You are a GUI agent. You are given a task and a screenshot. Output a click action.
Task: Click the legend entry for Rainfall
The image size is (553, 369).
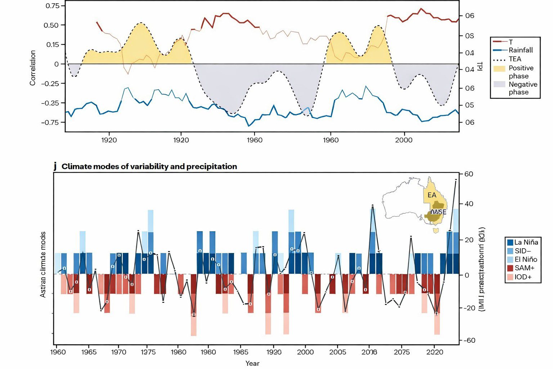[x=520, y=50]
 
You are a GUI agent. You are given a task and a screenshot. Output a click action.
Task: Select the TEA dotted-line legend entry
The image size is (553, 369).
[x=514, y=59]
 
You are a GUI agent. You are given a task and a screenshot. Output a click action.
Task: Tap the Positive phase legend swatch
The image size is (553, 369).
[x=499, y=68]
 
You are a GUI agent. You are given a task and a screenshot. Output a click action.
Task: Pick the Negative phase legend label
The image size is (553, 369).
[x=523, y=88]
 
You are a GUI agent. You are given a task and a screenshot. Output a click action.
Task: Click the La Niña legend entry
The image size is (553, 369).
[x=526, y=243]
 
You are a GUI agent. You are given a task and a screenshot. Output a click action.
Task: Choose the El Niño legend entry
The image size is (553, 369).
[x=526, y=259]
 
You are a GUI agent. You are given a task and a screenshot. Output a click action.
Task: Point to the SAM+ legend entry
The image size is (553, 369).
[x=524, y=268]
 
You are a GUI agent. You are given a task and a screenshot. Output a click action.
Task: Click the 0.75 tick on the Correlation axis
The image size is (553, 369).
[x=53, y=6]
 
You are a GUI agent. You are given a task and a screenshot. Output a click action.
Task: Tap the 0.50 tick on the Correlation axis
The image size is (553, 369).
[x=51, y=25]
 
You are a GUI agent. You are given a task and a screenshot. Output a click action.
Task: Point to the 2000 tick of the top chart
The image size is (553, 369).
[x=404, y=140]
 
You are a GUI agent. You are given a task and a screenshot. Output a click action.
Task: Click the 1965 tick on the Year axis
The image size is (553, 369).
[x=89, y=352]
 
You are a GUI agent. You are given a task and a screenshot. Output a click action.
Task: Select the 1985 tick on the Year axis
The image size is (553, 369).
[x=240, y=352]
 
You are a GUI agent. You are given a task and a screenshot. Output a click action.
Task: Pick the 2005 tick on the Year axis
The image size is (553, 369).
[x=337, y=352]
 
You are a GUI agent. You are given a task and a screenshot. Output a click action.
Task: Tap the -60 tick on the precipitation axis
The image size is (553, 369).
[x=469, y=340]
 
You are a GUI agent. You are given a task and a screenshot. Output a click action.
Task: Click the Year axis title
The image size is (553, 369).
[x=252, y=363]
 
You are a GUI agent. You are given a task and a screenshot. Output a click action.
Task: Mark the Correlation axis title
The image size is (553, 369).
[x=33, y=68]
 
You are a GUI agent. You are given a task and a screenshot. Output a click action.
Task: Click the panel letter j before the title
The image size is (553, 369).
[x=55, y=166]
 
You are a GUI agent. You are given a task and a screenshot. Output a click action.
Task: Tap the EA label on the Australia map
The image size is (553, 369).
[x=432, y=195]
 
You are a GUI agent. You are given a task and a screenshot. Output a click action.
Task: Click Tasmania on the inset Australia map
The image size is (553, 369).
[x=437, y=230]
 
